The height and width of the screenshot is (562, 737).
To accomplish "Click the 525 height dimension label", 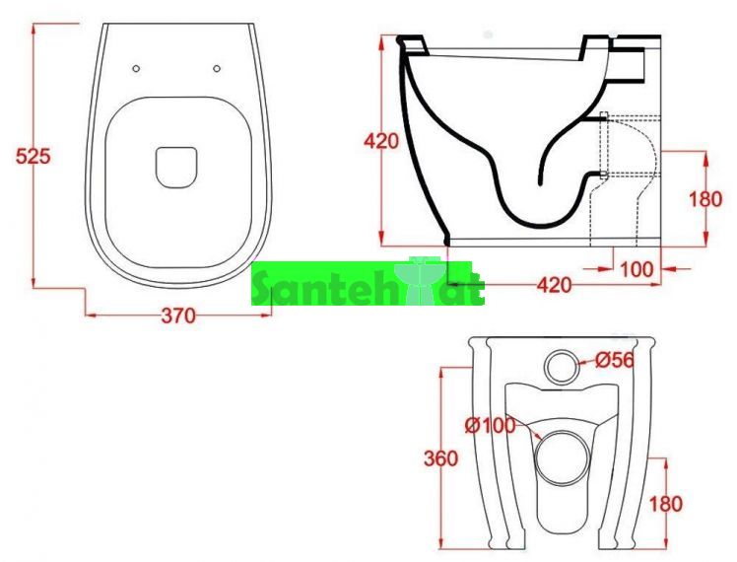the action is pos(33,156).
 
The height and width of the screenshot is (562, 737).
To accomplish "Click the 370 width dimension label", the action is pos(178,316).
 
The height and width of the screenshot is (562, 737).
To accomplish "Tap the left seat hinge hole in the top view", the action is pos(136,69).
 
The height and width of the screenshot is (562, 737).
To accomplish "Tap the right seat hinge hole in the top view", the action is pos(217,69).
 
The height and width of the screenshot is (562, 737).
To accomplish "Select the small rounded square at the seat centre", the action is pos(175,168).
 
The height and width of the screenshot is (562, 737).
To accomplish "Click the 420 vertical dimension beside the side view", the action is pos(381,141).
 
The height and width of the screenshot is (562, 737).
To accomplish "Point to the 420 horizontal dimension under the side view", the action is pos(555,285).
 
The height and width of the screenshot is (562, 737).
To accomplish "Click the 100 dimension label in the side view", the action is pos(637,269).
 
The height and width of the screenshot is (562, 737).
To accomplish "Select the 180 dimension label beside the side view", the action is pos(705,199).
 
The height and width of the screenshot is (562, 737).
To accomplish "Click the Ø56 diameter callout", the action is pos(615,360).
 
